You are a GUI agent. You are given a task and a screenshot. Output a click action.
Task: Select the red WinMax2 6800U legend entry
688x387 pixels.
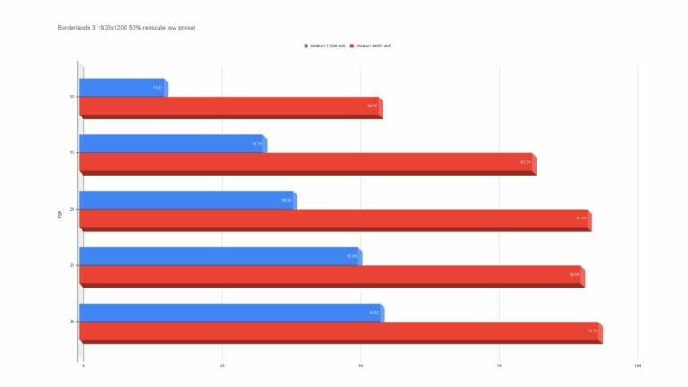[374, 46]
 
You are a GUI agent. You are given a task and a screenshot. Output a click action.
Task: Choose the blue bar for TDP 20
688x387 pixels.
[187, 200]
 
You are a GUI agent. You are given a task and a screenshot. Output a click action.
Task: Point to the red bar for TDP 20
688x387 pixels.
[334, 219]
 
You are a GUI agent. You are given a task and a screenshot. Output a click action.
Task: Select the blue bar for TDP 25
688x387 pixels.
[219, 256]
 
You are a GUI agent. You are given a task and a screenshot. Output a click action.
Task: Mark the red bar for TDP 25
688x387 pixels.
[331, 275]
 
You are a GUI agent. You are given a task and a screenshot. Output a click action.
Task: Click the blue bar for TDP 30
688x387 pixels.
[230, 312]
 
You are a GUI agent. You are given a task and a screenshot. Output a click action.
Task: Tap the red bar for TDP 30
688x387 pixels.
[340, 331]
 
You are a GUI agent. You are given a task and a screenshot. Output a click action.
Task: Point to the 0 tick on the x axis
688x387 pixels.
[83, 365]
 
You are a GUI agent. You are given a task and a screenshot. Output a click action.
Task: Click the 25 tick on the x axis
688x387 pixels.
[222, 365]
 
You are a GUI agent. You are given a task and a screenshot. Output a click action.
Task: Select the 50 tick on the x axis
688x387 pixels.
[361, 365]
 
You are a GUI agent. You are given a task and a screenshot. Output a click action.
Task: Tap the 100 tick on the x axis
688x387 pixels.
[638, 365]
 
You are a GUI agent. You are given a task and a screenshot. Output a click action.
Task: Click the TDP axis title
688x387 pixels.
[60, 214]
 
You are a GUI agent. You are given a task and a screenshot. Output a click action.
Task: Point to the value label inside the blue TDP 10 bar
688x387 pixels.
[158, 88]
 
